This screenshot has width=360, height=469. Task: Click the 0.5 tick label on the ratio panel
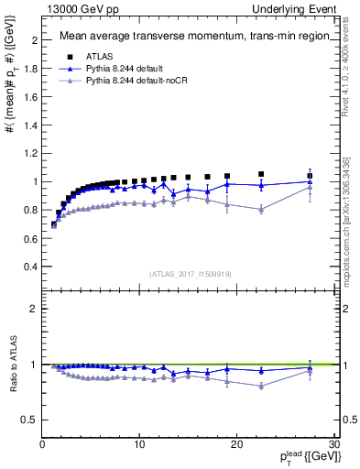click(x=30, y=420)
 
